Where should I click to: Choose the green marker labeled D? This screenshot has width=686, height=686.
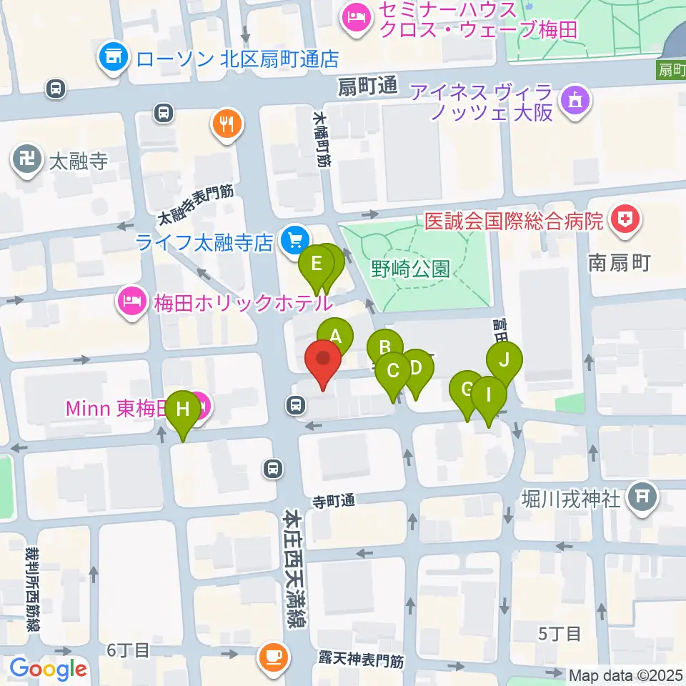(x=417, y=369)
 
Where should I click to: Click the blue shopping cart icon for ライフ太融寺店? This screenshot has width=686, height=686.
(x=292, y=242)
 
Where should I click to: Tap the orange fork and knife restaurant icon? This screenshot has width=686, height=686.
(x=227, y=125)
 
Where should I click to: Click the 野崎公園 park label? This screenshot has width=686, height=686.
(x=410, y=269)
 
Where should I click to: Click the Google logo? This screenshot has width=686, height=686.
(x=48, y=669)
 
